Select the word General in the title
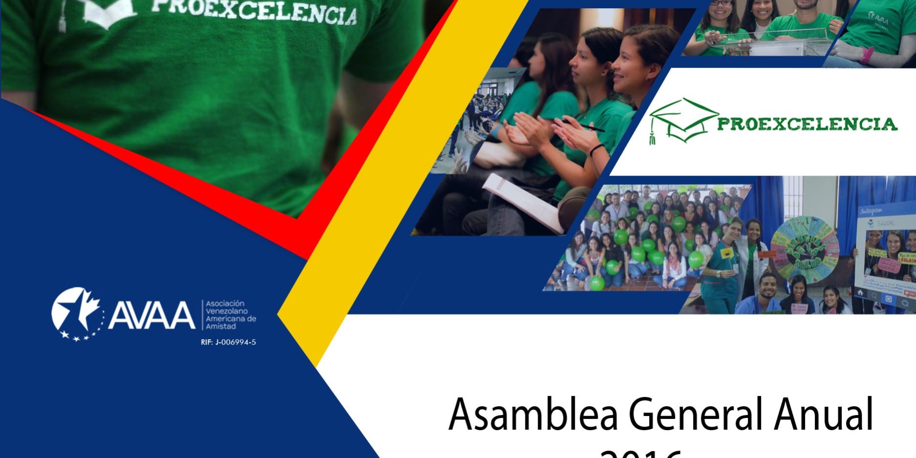pyautogui.click(x=695, y=414)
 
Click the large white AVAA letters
pyautogui.click(x=151, y=315)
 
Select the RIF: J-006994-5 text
pyautogui.click(x=228, y=342)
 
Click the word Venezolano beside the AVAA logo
pyautogui.click(x=226, y=311)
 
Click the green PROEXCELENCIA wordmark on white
pyautogui.click(x=807, y=124)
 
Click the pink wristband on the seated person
pyautogui.click(x=867, y=54)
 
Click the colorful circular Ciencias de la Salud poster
pyautogui.click(x=805, y=249)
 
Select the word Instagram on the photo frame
pyautogui.click(x=871, y=211)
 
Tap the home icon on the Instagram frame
pyautogui.click(x=860, y=292)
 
